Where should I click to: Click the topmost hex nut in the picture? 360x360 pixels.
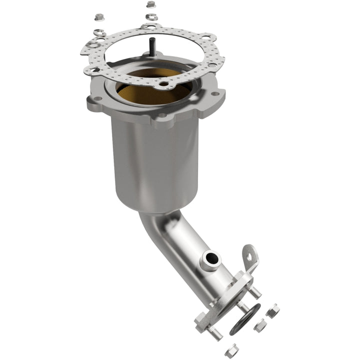(151, 4)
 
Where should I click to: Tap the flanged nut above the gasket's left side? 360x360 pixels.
(99, 17)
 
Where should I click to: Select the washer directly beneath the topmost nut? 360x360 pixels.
(151, 17)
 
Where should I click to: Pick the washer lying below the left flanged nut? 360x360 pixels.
(99, 33)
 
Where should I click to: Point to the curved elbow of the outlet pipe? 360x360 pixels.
(160, 220)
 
